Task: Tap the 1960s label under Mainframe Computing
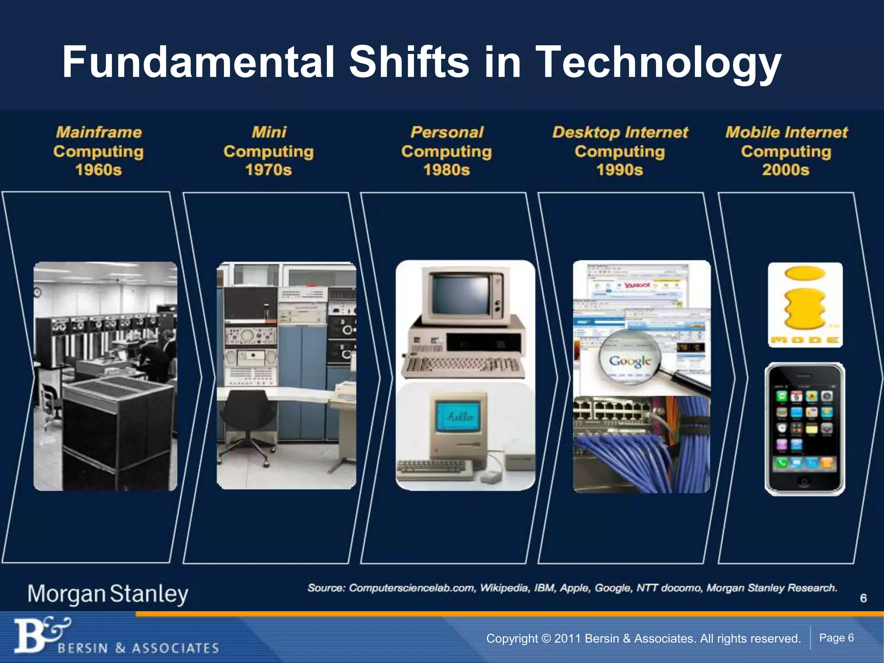[x=98, y=170]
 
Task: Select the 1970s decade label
[x=268, y=170]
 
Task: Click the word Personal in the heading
[x=447, y=132]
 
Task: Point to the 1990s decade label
[x=620, y=170]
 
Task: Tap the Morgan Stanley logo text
[x=108, y=594]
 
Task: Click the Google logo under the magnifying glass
[x=630, y=360]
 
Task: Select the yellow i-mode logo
[x=805, y=304]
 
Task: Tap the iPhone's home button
[x=804, y=482]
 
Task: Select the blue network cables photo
[x=641, y=445]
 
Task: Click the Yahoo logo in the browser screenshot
[x=637, y=285]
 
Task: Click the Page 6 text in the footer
[x=836, y=638]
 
